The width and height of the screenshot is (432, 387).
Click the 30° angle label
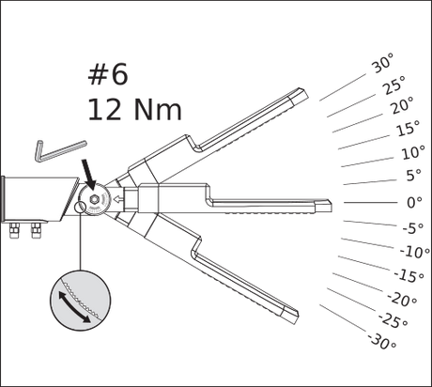(382, 63)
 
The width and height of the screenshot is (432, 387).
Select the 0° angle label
(414, 202)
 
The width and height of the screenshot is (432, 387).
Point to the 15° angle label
(409, 128)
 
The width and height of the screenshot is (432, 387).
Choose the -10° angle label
(415, 252)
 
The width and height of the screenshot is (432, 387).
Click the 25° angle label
(394, 85)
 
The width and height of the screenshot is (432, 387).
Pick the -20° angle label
(402, 299)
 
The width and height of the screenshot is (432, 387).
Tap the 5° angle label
(414, 176)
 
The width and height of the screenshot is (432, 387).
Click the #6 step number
(108, 74)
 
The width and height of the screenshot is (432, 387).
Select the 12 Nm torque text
(134, 110)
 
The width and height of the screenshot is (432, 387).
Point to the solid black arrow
(88, 174)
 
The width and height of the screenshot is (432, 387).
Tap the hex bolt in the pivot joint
(93, 199)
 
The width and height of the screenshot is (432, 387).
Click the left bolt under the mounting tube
(14, 230)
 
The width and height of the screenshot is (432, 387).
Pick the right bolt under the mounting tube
(36, 230)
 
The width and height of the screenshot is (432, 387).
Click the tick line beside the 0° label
(370, 203)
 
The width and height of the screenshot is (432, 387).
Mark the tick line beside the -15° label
(364, 263)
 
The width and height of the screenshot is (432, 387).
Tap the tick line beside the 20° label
(357, 123)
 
